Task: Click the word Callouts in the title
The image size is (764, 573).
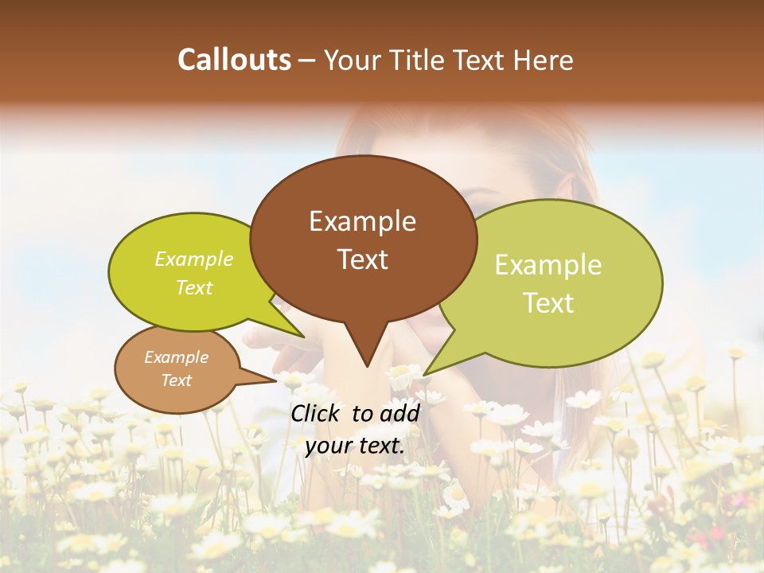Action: [x=234, y=60]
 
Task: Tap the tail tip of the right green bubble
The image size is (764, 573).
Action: [x=424, y=374]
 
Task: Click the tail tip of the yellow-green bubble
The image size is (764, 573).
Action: [x=303, y=337]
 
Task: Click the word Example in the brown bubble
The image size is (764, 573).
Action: [x=362, y=221]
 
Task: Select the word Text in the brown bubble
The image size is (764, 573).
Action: [x=362, y=259]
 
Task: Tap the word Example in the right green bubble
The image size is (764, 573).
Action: [x=548, y=265]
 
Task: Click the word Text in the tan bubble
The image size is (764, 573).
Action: [x=176, y=380]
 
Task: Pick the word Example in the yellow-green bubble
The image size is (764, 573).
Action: [x=193, y=259]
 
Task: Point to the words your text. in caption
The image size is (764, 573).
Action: [x=355, y=446]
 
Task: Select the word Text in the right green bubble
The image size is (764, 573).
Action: [x=548, y=303]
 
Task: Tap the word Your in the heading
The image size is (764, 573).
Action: [x=353, y=60]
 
